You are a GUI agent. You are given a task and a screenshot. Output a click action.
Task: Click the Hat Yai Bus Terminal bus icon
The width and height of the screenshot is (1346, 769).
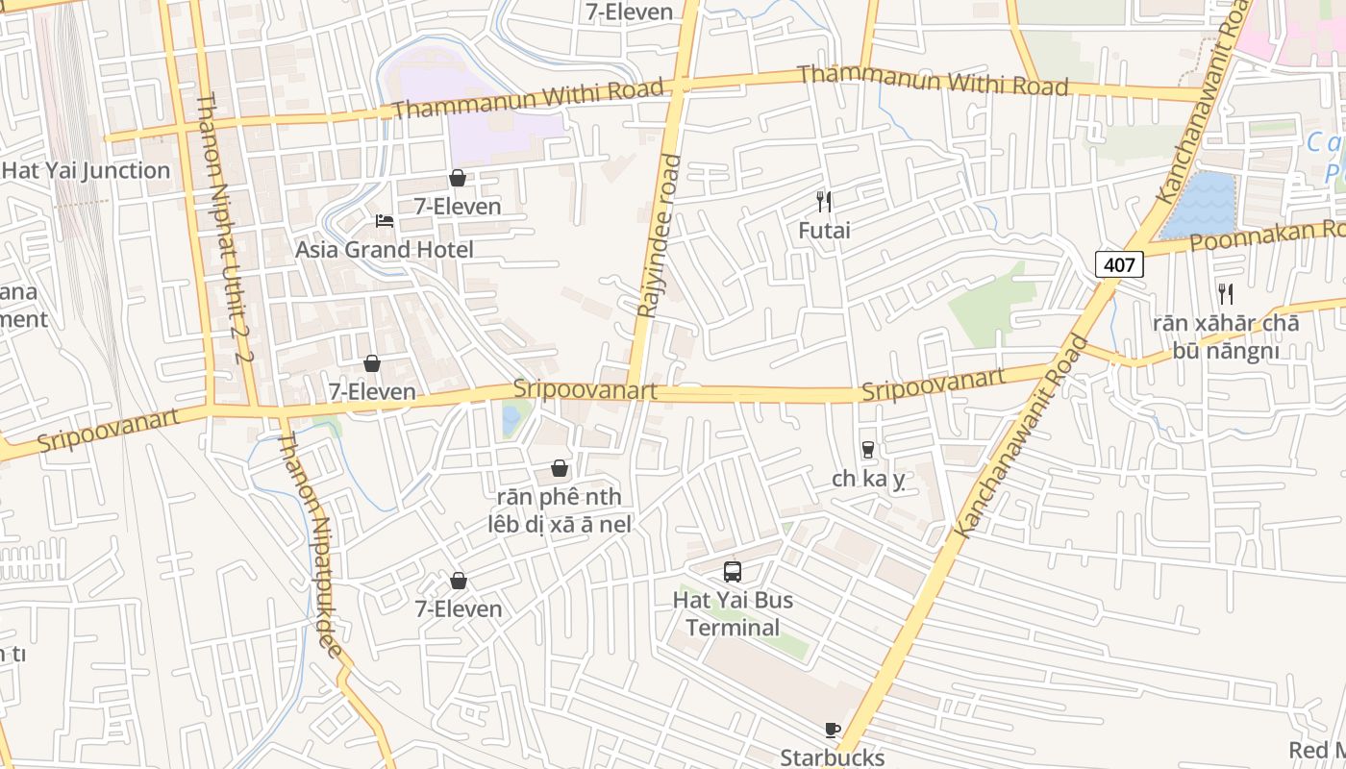pyautogui.click(x=733, y=572)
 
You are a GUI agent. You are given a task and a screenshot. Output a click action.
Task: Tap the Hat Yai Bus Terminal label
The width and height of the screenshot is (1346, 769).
pyautogui.click(x=733, y=614)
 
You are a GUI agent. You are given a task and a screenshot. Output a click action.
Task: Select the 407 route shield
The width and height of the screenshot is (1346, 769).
pyautogui.click(x=1119, y=264)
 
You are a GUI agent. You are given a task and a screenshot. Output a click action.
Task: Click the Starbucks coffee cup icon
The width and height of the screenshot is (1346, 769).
pyautogui.click(x=833, y=730)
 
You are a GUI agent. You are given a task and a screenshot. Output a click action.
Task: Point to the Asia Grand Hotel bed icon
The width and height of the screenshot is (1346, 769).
pyautogui.click(x=385, y=221)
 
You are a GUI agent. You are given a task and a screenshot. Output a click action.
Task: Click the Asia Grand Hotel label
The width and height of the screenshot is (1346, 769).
pyautogui.click(x=385, y=250)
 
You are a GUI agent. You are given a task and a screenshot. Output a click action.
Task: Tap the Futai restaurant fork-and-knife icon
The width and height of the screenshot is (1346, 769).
pyautogui.click(x=824, y=201)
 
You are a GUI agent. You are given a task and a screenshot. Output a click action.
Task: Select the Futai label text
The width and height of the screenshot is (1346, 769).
pyautogui.click(x=824, y=231)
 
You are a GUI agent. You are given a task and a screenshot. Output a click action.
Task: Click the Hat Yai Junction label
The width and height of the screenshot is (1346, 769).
pyautogui.click(x=86, y=171)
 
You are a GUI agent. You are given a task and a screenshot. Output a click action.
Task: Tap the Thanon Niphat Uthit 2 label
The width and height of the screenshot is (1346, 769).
pyautogui.click(x=223, y=231)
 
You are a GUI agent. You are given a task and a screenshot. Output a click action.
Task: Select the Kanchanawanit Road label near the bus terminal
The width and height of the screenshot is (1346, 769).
pyautogui.click(x=1020, y=437)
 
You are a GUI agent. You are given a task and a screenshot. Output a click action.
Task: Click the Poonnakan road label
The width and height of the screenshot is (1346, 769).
pyautogui.click(x=1267, y=236)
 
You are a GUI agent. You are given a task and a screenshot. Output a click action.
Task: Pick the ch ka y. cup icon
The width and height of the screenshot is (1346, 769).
pyautogui.click(x=868, y=450)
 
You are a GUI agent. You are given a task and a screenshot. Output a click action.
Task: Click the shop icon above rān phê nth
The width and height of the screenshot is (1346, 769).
pyautogui.click(x=560, y=468)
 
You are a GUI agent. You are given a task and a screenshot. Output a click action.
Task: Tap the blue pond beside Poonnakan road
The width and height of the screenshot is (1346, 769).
pyautogui.click(x=1200, y=204)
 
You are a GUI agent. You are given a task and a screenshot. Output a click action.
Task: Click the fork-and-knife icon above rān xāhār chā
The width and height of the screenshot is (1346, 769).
pyautogui.click(x=1226, y=293)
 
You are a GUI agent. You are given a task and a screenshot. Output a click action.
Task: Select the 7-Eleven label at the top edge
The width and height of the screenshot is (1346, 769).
pyautogui.click(x=629, y=12)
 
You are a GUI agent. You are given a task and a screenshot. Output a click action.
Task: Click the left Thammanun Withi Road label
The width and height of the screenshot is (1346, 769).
pyautogui.click(x=528, y=100)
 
